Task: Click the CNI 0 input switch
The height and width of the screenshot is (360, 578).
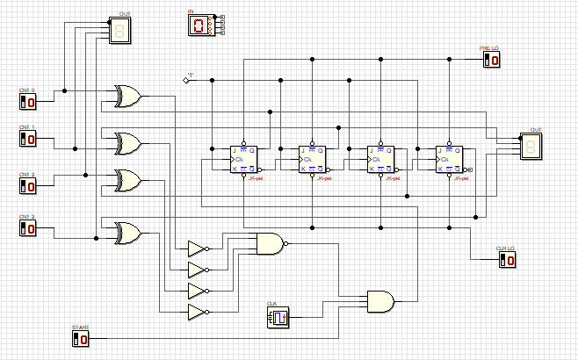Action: pos(28,102)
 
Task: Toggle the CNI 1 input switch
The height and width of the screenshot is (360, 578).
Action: pos(28,140)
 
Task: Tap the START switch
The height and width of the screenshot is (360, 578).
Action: pos(80,338)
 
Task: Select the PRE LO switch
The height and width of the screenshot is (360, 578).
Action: pos(492,60)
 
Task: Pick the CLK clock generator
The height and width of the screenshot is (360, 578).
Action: pos(278,317)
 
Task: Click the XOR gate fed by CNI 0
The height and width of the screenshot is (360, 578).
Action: pos(127,97)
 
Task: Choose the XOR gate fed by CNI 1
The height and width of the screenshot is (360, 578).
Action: pos(128,142)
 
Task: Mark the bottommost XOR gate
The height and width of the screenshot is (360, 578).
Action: pos(128,232)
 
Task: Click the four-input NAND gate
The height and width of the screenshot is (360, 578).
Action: pos(268,243)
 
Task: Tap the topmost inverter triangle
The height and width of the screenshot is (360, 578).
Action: pos(197,248)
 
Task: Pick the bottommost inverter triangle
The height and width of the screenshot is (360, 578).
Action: pos(197,312)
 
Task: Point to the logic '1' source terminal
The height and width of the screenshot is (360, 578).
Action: pos(185,80)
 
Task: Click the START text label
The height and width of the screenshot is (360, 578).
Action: pos(80,328)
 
